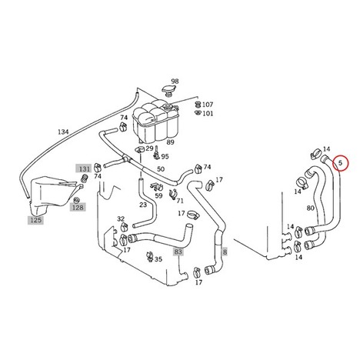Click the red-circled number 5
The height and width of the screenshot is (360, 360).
pyautogui.click(x=340, y=162)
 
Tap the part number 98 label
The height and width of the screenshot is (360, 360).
pyautogui.click(x=175, y=82)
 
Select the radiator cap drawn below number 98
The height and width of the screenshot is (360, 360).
pyautogui.click(x=168, y=91)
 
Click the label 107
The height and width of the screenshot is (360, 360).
pyautogui.click(x=208, y=105)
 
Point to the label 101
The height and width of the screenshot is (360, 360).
pyautogui.click(x=208, y=113)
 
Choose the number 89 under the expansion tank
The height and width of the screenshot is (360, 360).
pyautogui.click(x=170, y=142)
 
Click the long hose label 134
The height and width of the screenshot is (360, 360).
pyautogui.click(x=63, y=132)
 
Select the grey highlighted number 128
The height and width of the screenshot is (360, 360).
pyautogui.click(x=78, y=207)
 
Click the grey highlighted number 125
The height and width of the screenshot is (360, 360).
pyautogui.click(x=35, y=220)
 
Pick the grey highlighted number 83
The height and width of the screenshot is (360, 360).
pyautogui.click(x=178, y=252)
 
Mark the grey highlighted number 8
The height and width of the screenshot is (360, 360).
pyautogui.click(x=225, y=252)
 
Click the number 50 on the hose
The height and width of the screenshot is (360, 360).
pyautogui.click(x=161, y=169)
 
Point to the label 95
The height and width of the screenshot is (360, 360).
pyautogui.click(x=165, y=156)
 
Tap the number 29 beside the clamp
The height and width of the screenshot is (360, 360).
pyautogui.click(x=149, y=148)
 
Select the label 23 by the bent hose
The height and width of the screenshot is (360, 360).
pyautogui.click(x=143, y=205)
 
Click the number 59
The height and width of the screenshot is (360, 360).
pyautogui.click(x=158, y=195)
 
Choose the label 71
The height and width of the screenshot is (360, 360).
pyautogui.click(x=180, y=201)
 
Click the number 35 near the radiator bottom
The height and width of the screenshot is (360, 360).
pyautogui.click(x=158, y=259)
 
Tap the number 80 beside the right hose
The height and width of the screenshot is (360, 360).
pyautogui.click(x=310, y=208)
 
